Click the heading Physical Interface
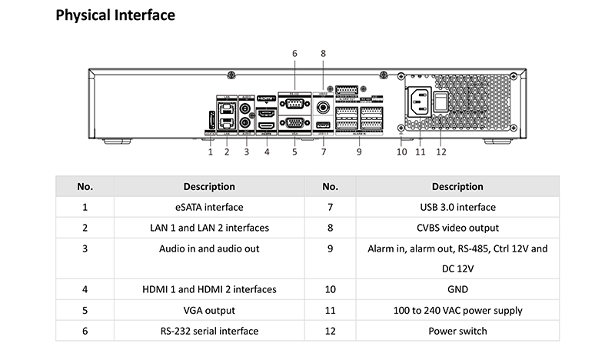(115, 15)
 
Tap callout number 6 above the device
(294, 53)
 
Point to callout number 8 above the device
(323, 53)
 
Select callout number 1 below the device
(210, 152)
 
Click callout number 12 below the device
(440, 152)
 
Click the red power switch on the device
(440, 102)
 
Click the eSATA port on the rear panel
(210, 121)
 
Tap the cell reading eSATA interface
(209, 207)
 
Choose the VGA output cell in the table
(209, 311)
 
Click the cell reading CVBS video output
(457, 228)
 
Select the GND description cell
(457, 290)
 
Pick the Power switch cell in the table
(457, 332)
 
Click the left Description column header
(209, 186)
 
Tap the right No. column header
(331, 186)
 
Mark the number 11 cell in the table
(331, 311)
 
